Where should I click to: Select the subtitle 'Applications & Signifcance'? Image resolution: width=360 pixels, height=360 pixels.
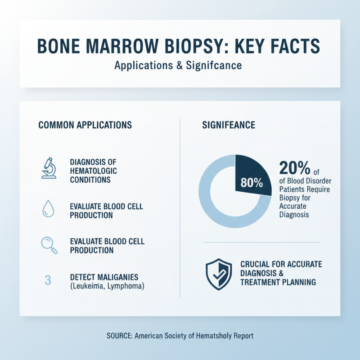tap(178, 65)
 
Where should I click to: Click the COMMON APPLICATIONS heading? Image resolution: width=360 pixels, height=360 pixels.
tap(85, 125)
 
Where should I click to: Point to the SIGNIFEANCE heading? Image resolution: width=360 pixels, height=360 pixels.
tap(229, 125)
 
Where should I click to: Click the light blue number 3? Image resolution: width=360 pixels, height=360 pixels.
tap(48, 279)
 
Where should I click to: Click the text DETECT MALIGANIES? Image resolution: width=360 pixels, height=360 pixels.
tap(104, 276)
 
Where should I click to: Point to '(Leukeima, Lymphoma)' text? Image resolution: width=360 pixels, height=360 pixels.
tap(107, 285)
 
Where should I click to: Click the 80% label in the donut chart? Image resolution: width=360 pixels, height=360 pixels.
tap(251, 183)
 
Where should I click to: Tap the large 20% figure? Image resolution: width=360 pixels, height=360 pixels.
tap(294, 168)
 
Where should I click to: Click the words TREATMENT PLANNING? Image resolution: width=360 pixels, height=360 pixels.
tap(278, 282)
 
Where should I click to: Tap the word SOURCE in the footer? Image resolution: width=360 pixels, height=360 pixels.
tap(119, 336)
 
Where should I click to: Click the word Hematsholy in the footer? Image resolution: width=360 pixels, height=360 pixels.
tap(211, 336)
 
